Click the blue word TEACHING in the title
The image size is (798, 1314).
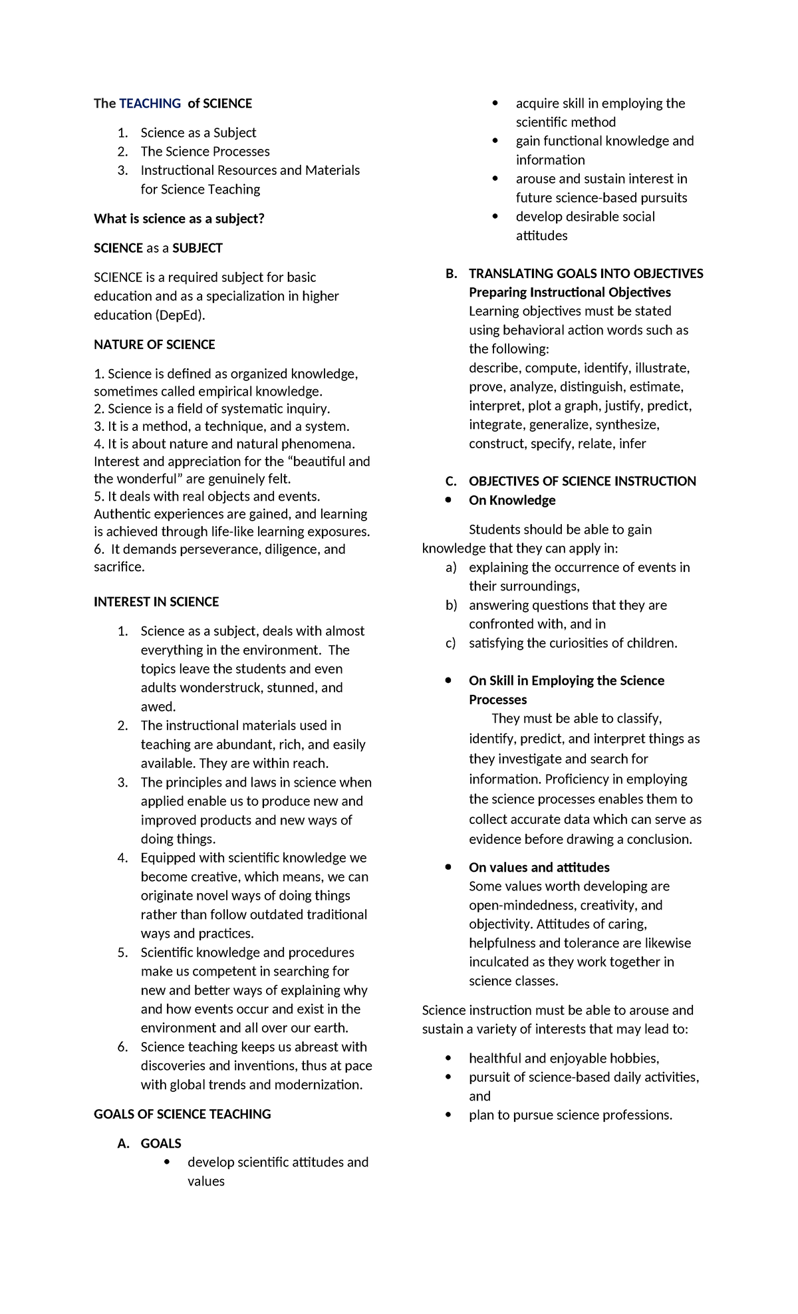(x=150, y=103)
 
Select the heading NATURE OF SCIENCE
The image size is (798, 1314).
(x=154, y=344)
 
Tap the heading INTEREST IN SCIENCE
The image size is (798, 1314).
(x=156, y=602)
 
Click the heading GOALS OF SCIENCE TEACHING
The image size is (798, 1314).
(x=182, y=1114)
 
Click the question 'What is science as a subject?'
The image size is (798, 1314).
(x=179, y=219)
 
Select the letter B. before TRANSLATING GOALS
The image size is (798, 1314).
(x=452, y=273)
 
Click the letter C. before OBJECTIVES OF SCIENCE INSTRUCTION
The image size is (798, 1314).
(x=452, y=481)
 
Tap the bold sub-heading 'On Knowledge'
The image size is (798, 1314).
(x=512, y=500)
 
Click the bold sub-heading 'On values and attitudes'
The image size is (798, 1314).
(x=539, y=867)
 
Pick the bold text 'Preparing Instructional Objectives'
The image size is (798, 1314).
(x=569, y=293)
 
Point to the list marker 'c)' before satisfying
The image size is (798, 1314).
(x=451, y=643)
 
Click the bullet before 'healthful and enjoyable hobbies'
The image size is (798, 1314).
(x=449, y=1058)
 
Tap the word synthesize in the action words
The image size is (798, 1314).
(x=626, y=425)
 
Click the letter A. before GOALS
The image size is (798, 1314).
(x=123, y=1143)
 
